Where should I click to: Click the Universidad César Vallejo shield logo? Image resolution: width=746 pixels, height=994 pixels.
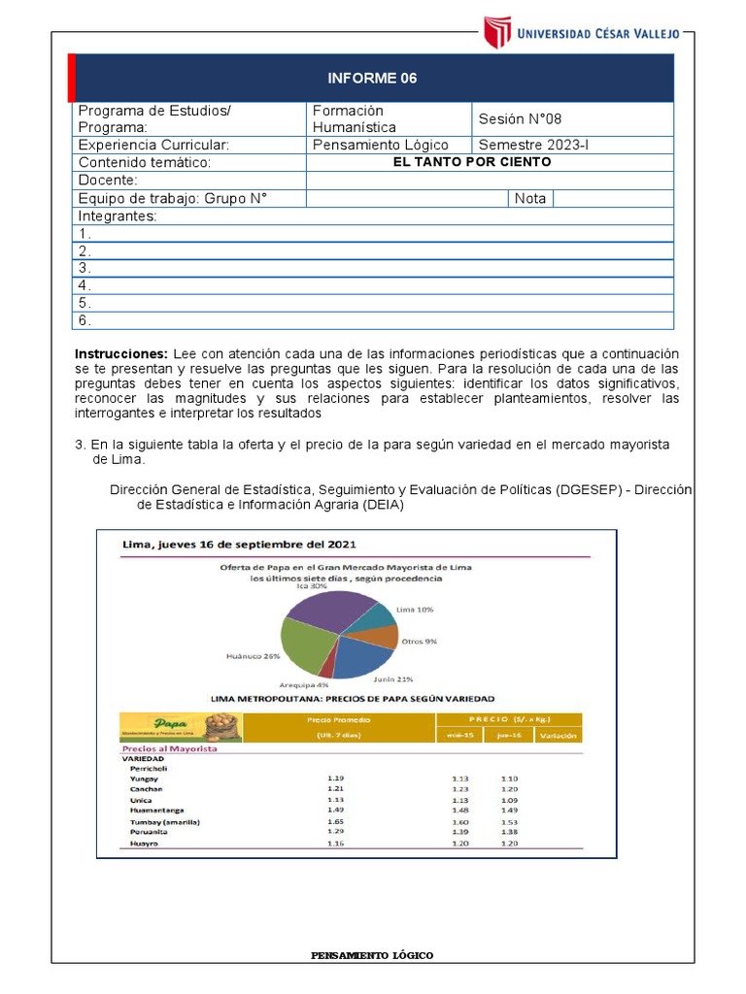496,32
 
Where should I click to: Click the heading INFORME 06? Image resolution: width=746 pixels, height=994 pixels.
373,79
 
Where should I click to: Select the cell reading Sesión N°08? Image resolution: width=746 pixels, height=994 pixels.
520,119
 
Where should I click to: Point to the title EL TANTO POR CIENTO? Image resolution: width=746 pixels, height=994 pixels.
472,162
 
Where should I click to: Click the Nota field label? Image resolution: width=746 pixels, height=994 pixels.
530,199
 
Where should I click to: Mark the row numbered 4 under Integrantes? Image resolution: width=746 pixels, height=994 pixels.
85,285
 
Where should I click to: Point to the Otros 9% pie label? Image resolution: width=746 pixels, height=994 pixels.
420,642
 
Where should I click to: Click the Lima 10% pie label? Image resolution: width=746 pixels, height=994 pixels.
415,610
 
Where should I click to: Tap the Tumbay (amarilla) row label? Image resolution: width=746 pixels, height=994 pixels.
164,821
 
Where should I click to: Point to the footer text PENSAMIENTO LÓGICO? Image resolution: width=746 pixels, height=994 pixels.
372,956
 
